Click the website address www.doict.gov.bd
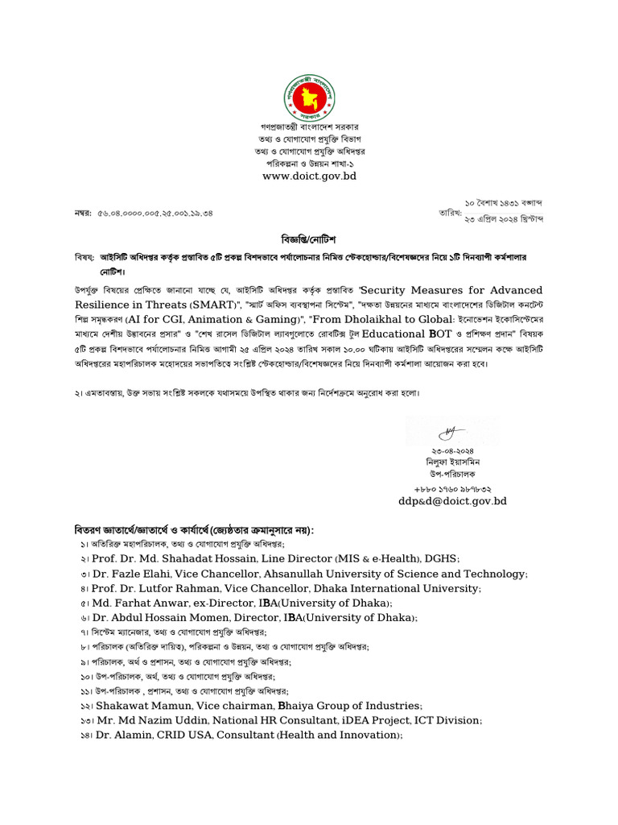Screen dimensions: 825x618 (x=309, y=176)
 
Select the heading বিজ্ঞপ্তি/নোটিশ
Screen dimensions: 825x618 (x=308, y=240)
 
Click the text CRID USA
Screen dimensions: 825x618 (x=185, y=735)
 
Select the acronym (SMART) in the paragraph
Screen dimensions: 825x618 (x=214, y=305)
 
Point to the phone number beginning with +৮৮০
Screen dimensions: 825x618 (x=453, y=488)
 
